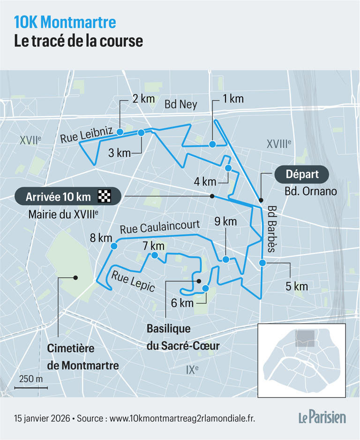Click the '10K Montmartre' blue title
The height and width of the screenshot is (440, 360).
pyautogui.click(x=65, y=22)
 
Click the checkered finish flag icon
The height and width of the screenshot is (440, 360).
pyautogui.click(x=105, y=196)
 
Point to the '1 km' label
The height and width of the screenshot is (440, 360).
pyautogui.click(x=233, y=99)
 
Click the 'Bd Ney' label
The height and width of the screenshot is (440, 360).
pyautogui.click(x=180, y=104)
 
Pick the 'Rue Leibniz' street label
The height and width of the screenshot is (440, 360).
pyautogui.click(x=86, y=135)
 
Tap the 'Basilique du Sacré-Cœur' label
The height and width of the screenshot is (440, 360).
pyautogui.click(x=183, y=336)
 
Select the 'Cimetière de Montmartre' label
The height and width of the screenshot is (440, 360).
pyautogui.click(x=83, y=357)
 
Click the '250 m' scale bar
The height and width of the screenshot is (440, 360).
pyautogui.click(x=30, y=383)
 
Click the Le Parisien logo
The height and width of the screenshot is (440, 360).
pyautogui.click(x=322, y=417)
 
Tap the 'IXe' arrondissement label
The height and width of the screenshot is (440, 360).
pyautogui.click(x=192, y=369)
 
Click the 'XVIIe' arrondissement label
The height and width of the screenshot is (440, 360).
pyautogui.click(x=30, y=139)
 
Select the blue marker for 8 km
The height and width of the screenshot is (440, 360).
pyautogui.click(x=113, y=246)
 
